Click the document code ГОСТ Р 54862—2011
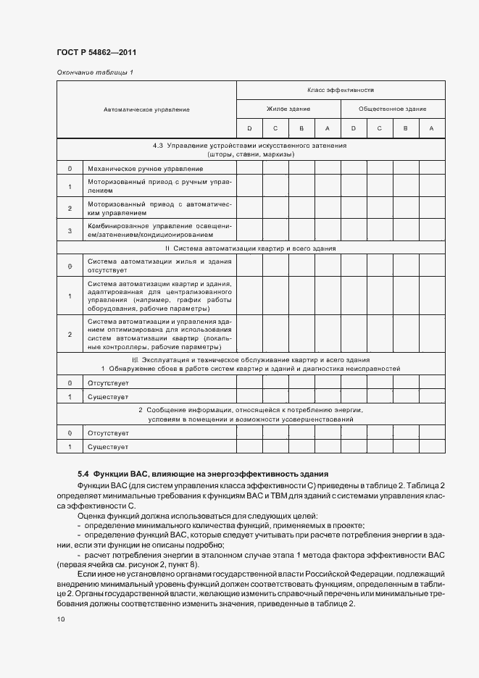pos(96,53)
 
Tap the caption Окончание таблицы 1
pos(94,72)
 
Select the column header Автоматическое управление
pos(146,109)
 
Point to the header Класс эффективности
pos(340,91)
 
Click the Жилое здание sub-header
pos(288,109)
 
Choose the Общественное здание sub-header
pos(392,109)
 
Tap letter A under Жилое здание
pos(327,128)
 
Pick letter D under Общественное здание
pos(353,128)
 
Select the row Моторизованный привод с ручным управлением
pos(159,186)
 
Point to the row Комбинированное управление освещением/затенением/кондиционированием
pos(159,230)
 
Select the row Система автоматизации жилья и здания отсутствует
pos(159,266)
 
